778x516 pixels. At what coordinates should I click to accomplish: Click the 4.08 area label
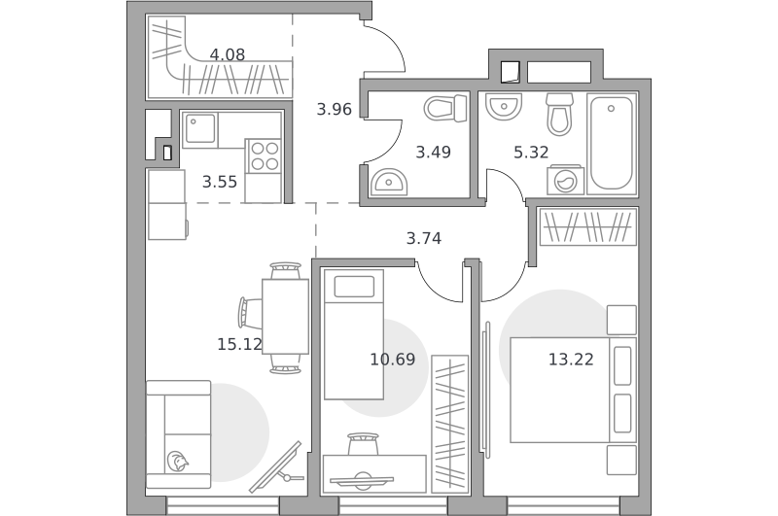[x=228, y=54]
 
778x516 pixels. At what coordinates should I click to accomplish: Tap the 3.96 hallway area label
[x=334, y=109]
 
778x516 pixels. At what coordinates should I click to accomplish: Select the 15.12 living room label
[x=239, y=344]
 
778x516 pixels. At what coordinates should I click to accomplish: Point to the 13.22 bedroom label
[x=571, y=359]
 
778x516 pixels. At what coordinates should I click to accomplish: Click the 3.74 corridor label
[x=424, y=238]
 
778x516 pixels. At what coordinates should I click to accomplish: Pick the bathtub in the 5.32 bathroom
[x=612, y=143]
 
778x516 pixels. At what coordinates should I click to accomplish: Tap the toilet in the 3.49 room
[x=445, y=109]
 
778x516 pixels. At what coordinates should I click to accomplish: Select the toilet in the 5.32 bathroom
[x=560, y=114]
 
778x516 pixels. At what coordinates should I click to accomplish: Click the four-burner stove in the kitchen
[x=264, y=155]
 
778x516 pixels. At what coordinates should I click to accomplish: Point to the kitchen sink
[x=200, y=130]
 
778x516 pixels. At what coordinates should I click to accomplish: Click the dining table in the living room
[x=285, y=316]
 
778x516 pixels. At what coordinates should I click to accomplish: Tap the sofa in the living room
[x=179, y=434]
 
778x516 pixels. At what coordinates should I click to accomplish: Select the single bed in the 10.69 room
[x=354, y=334]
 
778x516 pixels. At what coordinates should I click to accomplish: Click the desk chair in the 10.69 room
[x=363, y=444]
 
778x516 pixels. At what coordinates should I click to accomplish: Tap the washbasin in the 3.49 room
[x=389, y=182]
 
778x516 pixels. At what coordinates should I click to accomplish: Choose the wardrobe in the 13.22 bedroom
[x=588, y=226]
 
